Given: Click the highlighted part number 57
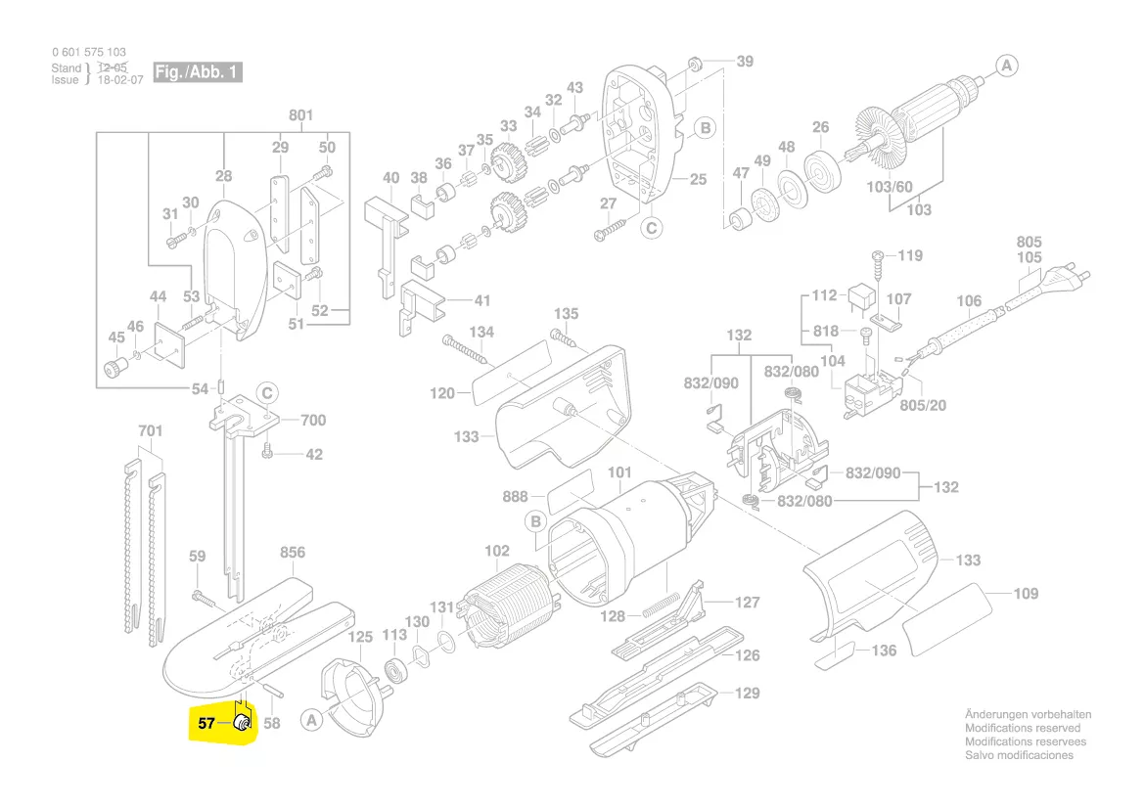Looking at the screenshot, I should tap(206, 724).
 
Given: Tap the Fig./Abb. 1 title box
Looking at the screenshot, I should tap(197, 73).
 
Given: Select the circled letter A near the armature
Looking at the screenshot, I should tap(1007, 66).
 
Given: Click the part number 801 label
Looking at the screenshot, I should tap(300, 115).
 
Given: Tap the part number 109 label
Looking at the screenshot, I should tap(1026, 594).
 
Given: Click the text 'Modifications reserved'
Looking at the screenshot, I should tap(1023, 728).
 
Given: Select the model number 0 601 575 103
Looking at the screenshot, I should tap(88, 52).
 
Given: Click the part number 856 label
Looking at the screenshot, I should tap(293, 553).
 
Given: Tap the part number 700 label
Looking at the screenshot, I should tap(313, 421).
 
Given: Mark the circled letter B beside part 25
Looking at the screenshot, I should tap(704, 128).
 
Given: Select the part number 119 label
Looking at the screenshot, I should tap(910, 256).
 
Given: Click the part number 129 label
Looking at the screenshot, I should tap(748, 693).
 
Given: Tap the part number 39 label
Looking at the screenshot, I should tap(745, 62).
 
